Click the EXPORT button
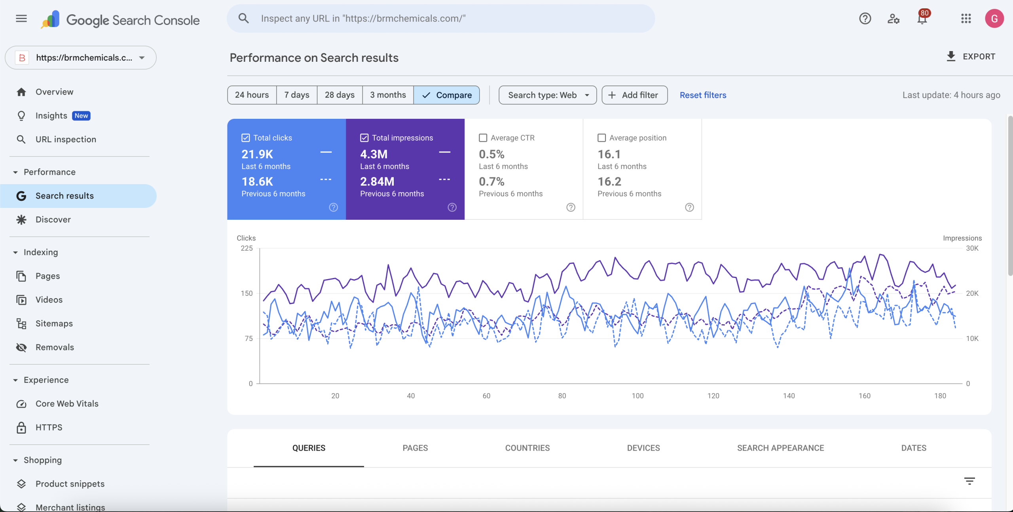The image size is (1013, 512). tap(971, 57)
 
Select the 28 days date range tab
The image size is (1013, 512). tap(340, 95)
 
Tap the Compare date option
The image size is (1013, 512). tap(447, 95)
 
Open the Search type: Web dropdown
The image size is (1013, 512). tap(547, 95)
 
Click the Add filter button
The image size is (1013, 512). tap(634, 95)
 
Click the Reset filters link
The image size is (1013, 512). tap(703, 95)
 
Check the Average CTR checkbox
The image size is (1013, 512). tap(483, 138)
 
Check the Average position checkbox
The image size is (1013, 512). tap(601, 138)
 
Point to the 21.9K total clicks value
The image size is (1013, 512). tap(257, 154)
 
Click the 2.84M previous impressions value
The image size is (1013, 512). tap(377, 181)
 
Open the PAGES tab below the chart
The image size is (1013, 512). tap(415, 448)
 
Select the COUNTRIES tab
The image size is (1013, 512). tap(527, 448)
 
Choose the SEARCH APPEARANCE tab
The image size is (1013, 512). tap(780, 448)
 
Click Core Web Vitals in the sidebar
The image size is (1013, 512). tap(67, 404)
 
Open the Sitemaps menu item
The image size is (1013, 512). tap(54, 324)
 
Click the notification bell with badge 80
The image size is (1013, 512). tap(922, 19)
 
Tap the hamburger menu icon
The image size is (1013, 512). tap(21, 19)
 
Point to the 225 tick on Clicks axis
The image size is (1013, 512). tap(247, 248)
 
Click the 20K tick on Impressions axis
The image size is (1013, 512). tap(972, 293)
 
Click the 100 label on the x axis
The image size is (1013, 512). tap(637, 396)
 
